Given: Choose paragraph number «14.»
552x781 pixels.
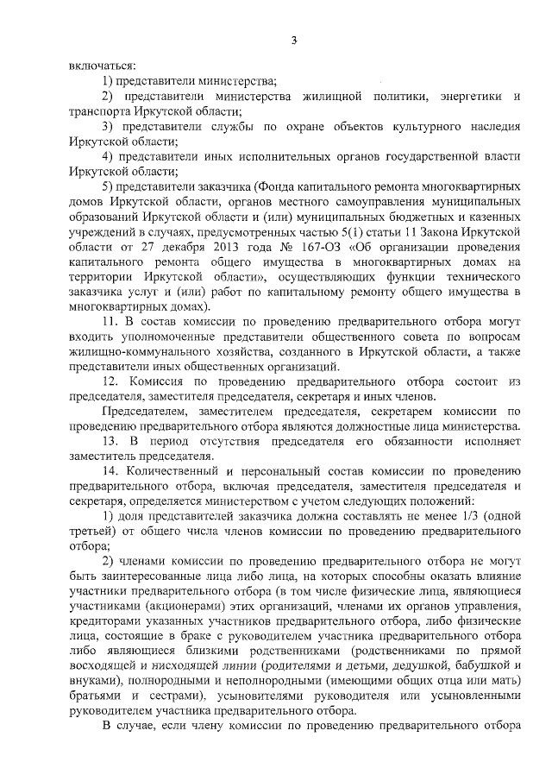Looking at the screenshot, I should (110, 472).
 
